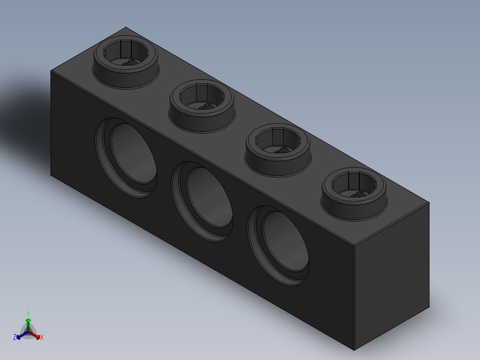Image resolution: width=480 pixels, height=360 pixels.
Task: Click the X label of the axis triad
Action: tap(42, 338)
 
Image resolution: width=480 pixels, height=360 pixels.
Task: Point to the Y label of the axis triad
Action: tap(28, 313)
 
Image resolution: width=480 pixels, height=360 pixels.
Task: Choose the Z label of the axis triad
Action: tap(15, 338)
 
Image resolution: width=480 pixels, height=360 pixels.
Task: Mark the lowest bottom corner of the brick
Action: tap(354, 350)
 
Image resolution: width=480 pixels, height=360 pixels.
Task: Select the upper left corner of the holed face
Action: tap(51, 71)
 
